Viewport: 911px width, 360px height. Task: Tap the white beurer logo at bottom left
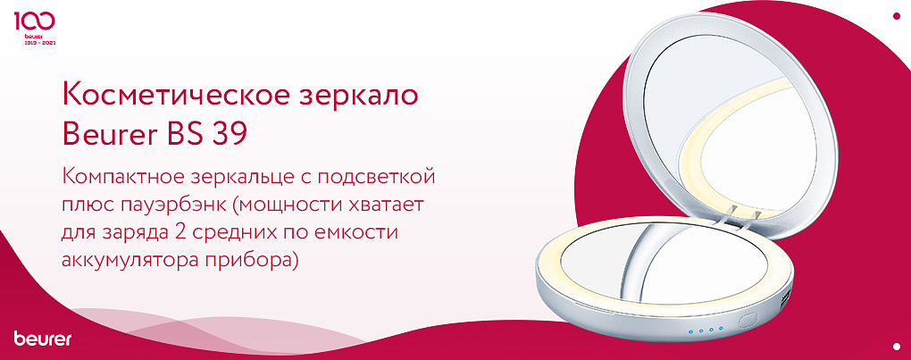click(42, 339)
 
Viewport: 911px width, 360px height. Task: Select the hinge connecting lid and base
click(740, 215)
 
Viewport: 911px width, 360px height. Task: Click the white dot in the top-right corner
click(896, 15)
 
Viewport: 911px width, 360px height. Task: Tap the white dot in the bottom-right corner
click(896, 345)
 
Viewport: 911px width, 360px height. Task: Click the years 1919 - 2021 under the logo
click(36, 44)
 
